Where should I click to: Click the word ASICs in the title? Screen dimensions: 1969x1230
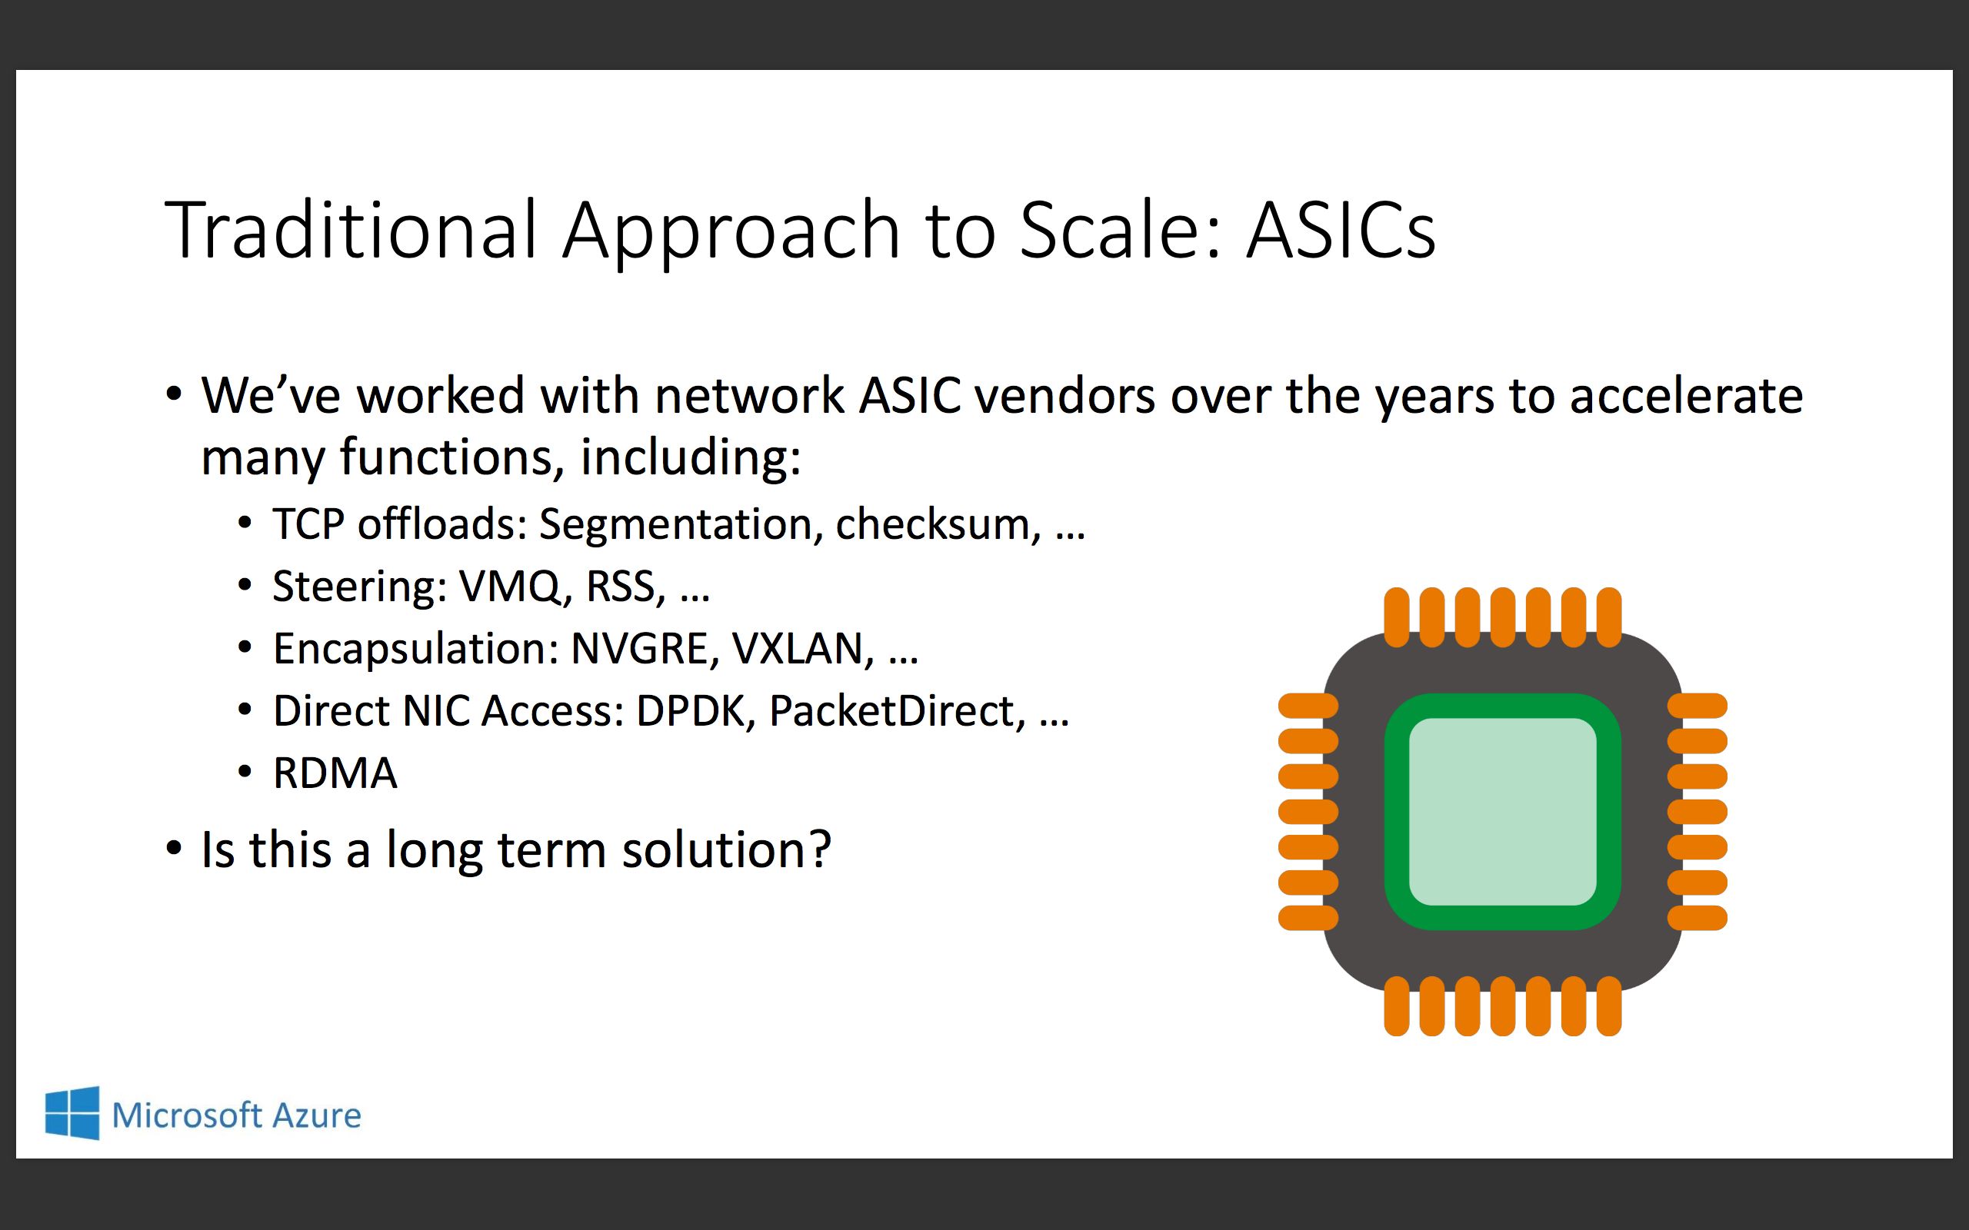click(x=1341, y=231)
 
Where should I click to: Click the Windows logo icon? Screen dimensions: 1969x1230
click(x=72, y=1113)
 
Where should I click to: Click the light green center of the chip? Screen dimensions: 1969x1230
click(x=1502, y=811)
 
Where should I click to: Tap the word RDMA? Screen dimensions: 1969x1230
click(x=335, y=773)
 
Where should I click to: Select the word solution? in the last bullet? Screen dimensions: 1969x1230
click(x=727, y=850)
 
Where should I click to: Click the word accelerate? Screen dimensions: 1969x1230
click(x=1686, y=396)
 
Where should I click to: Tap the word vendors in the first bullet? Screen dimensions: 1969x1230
click(x=1064, y=396)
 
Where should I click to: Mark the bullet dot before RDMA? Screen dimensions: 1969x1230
click(x=245, y=772)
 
